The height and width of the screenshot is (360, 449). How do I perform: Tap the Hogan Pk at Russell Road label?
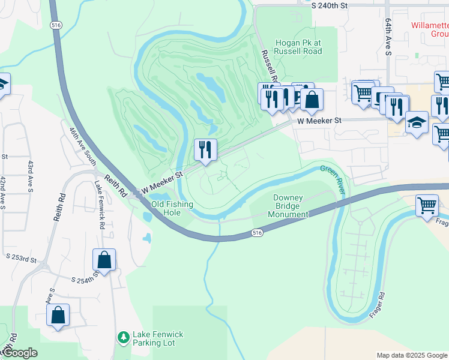point(298,47)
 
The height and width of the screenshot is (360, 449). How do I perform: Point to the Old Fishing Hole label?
point(172,208)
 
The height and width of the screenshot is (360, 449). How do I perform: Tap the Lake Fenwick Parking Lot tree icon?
point(123,338)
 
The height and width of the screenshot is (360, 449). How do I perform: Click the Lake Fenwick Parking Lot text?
point(158,338)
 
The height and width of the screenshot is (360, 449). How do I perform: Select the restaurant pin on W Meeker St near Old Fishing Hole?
point(206,150)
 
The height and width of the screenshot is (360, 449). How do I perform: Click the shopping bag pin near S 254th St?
point(104,260)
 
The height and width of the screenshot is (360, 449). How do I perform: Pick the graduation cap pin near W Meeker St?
point(417,123)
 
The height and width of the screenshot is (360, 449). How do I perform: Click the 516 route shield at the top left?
point(56,25)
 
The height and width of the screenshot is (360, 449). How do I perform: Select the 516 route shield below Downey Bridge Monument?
point(257,231)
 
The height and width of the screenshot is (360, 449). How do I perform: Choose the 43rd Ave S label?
point(30,177)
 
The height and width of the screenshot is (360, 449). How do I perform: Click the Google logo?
point(19,353)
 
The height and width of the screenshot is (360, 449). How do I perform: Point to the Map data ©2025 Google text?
point(411,355)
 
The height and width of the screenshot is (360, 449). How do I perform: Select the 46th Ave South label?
point(83,146)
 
